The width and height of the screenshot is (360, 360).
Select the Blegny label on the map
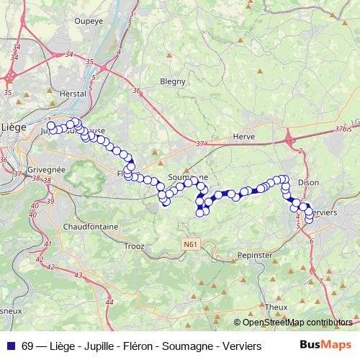pos(173,81)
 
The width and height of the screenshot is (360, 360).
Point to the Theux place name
pos(276,307)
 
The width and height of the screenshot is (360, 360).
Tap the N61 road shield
pos(189,245)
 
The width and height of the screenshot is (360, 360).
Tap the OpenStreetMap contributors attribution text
pos(296,322)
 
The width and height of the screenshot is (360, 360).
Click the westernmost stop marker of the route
pos(50,126)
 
